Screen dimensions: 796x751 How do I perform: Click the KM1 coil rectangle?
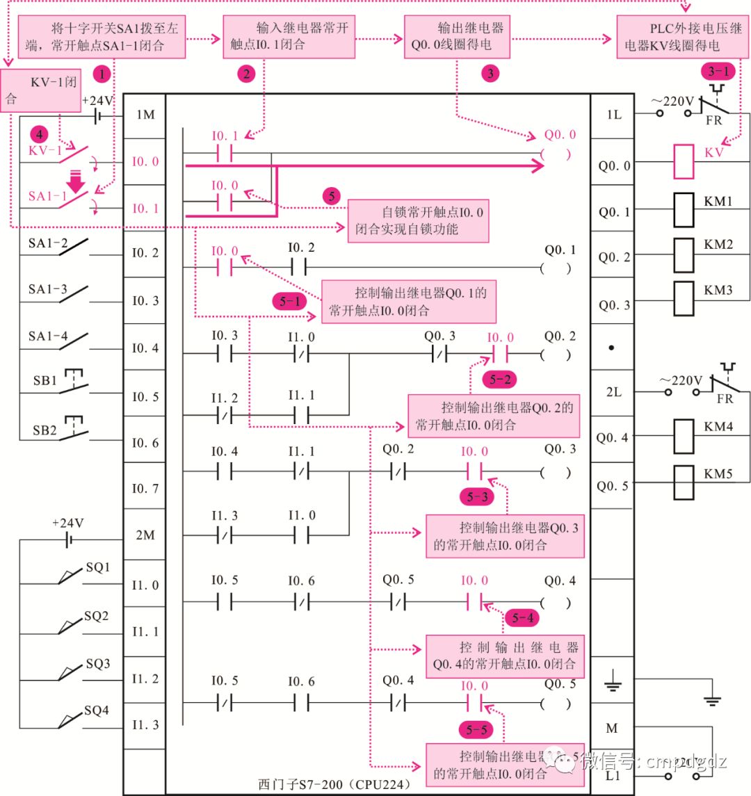pyautogui.click(x=684, y=211)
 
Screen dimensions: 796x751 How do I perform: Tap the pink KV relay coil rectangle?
pyautogui.click(x=684, y=162)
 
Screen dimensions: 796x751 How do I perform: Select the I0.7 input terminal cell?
pyautogui.click(x=145, y=488)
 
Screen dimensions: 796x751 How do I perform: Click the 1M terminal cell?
pyautogui.click(x=145, y=115)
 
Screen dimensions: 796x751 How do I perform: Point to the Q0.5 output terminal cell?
pyautogui.click(x=613, y=486)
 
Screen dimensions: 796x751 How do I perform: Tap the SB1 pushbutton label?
pyautogui.click(x=45, y=381)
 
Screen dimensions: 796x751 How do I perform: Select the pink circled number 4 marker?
pyautogui.click(x=39, y=133)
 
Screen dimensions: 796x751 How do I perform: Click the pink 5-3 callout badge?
pyautogui.click(x=477, y=496)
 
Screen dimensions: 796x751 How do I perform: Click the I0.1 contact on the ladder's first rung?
pyautogui.click(x=224, y=153)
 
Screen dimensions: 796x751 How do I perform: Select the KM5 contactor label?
pyautogui.click(x=718, y=474)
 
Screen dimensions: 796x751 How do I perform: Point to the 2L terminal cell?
pyautogui.click(x=613, y=392)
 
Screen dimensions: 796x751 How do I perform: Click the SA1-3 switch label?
pyautogui.click(x=48, y=289)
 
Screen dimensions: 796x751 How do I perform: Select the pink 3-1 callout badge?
pyautogui.click(x=718, y=71)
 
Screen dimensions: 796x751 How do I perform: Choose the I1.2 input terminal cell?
pyautogui.click(x=145, y=678)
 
